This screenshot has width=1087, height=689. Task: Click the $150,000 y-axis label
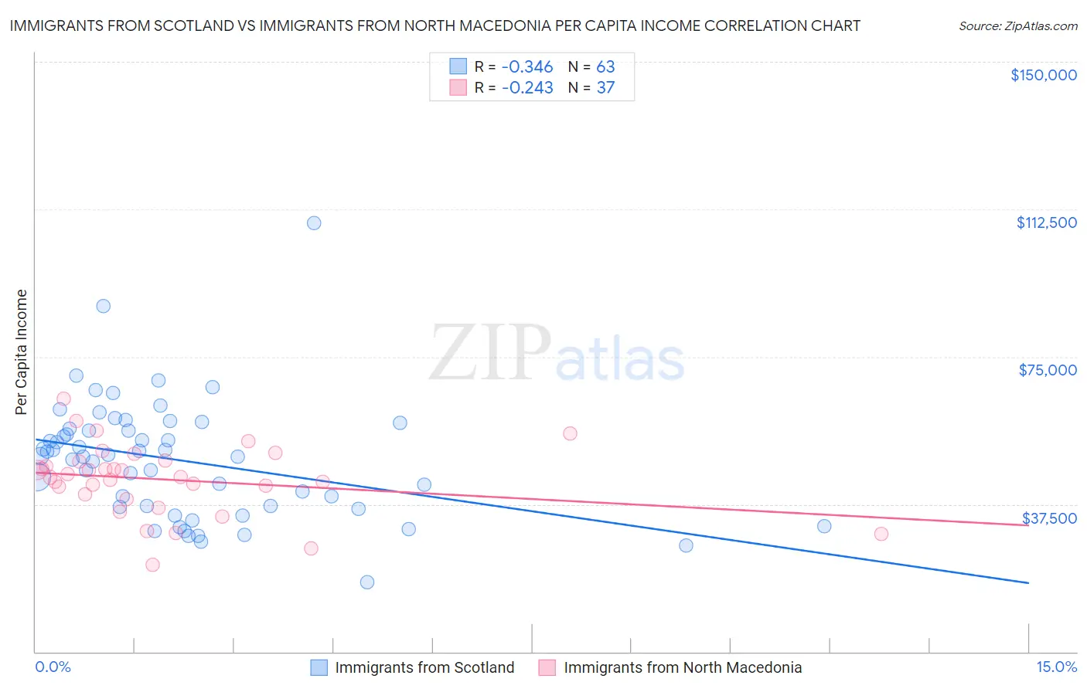point(1044,75)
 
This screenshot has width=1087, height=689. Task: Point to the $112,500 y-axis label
point(1046,222)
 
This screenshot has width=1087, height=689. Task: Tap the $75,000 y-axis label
point(1048,370)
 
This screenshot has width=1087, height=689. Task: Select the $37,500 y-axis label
point(1049,518)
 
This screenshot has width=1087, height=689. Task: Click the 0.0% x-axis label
point(53,667)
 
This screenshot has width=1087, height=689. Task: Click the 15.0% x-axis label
point(1056,667)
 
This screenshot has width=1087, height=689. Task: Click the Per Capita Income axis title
point(22,352)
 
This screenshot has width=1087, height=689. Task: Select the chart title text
point(434,26)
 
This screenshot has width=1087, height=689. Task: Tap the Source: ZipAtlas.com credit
point(1017,26)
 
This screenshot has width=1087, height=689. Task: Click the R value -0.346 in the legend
point(527,66)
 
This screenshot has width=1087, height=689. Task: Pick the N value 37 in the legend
point(605,88)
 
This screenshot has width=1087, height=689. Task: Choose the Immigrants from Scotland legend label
point(424,667)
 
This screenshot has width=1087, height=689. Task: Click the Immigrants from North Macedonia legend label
point(683,667)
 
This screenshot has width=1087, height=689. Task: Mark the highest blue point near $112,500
point(314,223)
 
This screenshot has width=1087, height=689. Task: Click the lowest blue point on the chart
point(367,582)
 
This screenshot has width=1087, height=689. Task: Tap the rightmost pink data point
point(881,534)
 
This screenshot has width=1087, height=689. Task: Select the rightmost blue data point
point(824,526)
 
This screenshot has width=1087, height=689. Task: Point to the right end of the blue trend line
point(1028,582)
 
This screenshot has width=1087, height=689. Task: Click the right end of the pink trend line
point(1028,525)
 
